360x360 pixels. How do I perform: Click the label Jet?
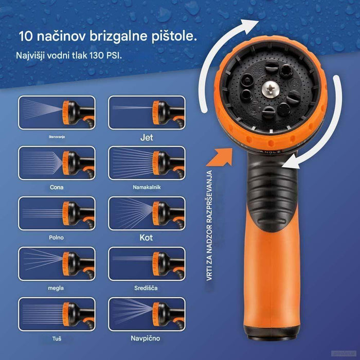tap(147, 137)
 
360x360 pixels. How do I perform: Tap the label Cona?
tap(57, 187)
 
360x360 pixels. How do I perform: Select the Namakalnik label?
tap(147, 187)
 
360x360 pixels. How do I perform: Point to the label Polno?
tap(57, 238)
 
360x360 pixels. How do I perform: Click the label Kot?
tap(147, 238)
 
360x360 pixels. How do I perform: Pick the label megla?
tap(57, 288)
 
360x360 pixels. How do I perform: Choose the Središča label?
tap(147, 288)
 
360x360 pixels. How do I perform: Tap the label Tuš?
tap(57, 338)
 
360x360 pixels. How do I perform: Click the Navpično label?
tap(147, 338)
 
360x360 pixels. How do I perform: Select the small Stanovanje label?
tap(57, 137)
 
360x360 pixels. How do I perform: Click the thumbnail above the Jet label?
tap(147, 112)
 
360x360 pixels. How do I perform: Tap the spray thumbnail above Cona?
tap(57, 163)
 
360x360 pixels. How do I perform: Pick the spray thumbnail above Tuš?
tap(57, 314)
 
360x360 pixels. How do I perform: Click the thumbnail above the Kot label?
tap(147, 213)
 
